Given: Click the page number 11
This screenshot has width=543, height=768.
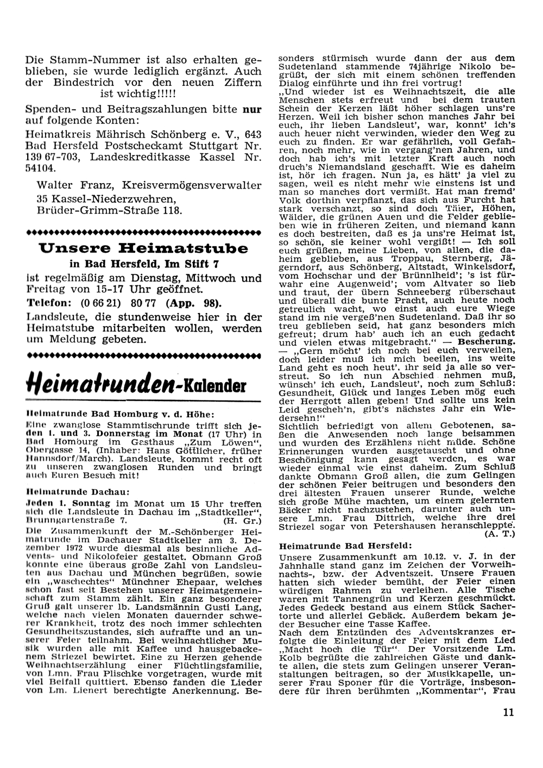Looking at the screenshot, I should tap(508, 713).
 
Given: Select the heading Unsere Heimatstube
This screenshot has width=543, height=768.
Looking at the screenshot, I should tap(144, 249).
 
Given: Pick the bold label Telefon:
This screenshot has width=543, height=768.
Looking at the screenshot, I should tap(47, 303).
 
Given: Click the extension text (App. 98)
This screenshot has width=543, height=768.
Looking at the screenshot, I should tap(193, 303).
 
